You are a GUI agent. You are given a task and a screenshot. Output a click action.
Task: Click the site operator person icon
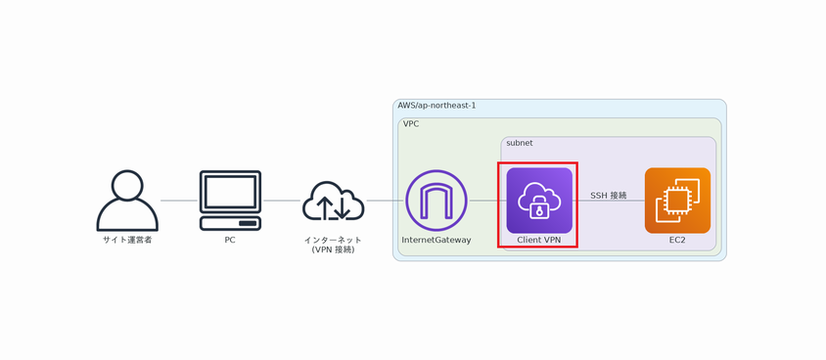point(127,201)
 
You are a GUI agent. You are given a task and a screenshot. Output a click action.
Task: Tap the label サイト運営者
point(127,240)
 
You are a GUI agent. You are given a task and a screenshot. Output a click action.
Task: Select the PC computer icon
point(230,200)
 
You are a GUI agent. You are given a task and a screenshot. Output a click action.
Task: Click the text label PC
point(230,240)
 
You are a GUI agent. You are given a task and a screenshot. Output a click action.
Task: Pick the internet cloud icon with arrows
point(334,202)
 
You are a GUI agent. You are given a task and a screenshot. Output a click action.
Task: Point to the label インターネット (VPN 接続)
point(333,245)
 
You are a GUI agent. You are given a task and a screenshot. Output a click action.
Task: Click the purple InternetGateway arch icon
point(436,201)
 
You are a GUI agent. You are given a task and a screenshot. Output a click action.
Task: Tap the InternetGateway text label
point(436,240)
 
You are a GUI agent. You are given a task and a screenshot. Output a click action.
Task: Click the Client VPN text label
point(539,240)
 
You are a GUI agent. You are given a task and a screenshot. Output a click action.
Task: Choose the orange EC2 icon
point(677,201)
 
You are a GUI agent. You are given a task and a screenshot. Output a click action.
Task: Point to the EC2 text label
point(677,240)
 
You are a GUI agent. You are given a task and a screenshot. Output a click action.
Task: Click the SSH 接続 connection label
point(608,196)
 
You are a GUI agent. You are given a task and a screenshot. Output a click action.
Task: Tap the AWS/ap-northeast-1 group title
point(436,106)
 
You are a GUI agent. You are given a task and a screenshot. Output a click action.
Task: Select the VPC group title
point(411,124)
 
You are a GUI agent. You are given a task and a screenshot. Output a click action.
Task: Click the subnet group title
point(520,143)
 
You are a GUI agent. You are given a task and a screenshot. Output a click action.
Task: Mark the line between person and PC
point(178,201)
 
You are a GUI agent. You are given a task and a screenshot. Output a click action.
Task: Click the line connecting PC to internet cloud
point(282,201)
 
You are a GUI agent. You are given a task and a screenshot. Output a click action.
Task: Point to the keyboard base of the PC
point(230,224)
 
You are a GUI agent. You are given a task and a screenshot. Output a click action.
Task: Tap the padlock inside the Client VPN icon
point(539,209)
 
